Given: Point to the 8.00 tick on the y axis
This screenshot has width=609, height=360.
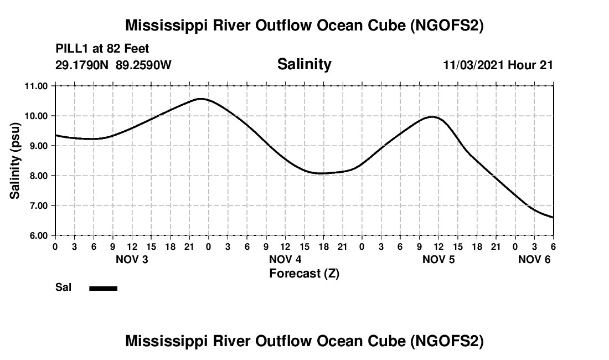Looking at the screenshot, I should [37, 176].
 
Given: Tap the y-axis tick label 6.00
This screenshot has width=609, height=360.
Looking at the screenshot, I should [37, 235].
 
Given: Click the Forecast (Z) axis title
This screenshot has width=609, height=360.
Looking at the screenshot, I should [304, 273].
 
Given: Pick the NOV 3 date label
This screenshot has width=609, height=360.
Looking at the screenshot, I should [131, 259].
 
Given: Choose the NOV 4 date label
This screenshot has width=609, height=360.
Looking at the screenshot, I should [285, 259].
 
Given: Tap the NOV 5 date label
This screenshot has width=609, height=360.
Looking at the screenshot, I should [438, 259].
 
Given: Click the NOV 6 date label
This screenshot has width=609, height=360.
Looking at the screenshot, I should [534, 259].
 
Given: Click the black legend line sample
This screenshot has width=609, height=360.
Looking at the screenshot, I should [103, 288].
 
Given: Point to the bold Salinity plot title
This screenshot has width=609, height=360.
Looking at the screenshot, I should [304, 64].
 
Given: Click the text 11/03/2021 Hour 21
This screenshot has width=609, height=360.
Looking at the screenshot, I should [498, 65].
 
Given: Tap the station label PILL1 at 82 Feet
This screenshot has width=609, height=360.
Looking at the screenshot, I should [102, 49].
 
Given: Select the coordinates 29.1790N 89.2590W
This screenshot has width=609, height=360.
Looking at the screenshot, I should [113, 65].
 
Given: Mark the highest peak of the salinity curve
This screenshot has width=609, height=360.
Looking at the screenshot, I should [200, 99].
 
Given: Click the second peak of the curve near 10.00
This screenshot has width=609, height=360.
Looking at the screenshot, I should [432, 117].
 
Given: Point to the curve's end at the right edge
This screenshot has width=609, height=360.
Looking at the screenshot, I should [553, 218].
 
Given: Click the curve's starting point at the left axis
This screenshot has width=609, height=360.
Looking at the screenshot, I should [56, 135].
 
